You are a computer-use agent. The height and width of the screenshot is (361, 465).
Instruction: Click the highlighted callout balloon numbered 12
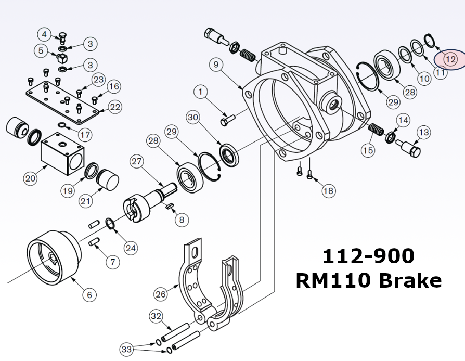click(x=450, y=59)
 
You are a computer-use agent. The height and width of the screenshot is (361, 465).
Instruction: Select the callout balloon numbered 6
click(x=89, y=295)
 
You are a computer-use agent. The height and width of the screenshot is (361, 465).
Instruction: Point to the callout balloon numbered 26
click(x=161, y=294)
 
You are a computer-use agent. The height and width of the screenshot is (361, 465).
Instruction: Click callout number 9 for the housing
click(x=217, y=65)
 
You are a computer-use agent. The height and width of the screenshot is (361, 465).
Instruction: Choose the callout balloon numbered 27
click(x=136, y=161)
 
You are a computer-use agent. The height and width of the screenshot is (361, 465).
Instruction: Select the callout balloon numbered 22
click(x=115, y=107)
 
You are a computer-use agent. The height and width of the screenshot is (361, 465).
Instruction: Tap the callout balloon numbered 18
click(x=328, y=191)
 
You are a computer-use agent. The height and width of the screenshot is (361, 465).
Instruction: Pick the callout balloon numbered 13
click(x=423, y=133)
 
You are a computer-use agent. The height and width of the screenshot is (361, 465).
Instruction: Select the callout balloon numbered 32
click(x=156, y=316)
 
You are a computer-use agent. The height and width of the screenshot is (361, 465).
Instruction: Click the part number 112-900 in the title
click(x=368, y=256)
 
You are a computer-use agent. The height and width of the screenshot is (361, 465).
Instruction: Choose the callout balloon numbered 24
click(x=131, y=248)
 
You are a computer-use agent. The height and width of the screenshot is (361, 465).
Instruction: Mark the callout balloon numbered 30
click(x=193, y=118)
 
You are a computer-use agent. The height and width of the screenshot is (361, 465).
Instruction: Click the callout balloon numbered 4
click(x=44, y=35)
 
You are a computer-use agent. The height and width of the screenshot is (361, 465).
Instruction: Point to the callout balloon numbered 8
click(x=181, y=220)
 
